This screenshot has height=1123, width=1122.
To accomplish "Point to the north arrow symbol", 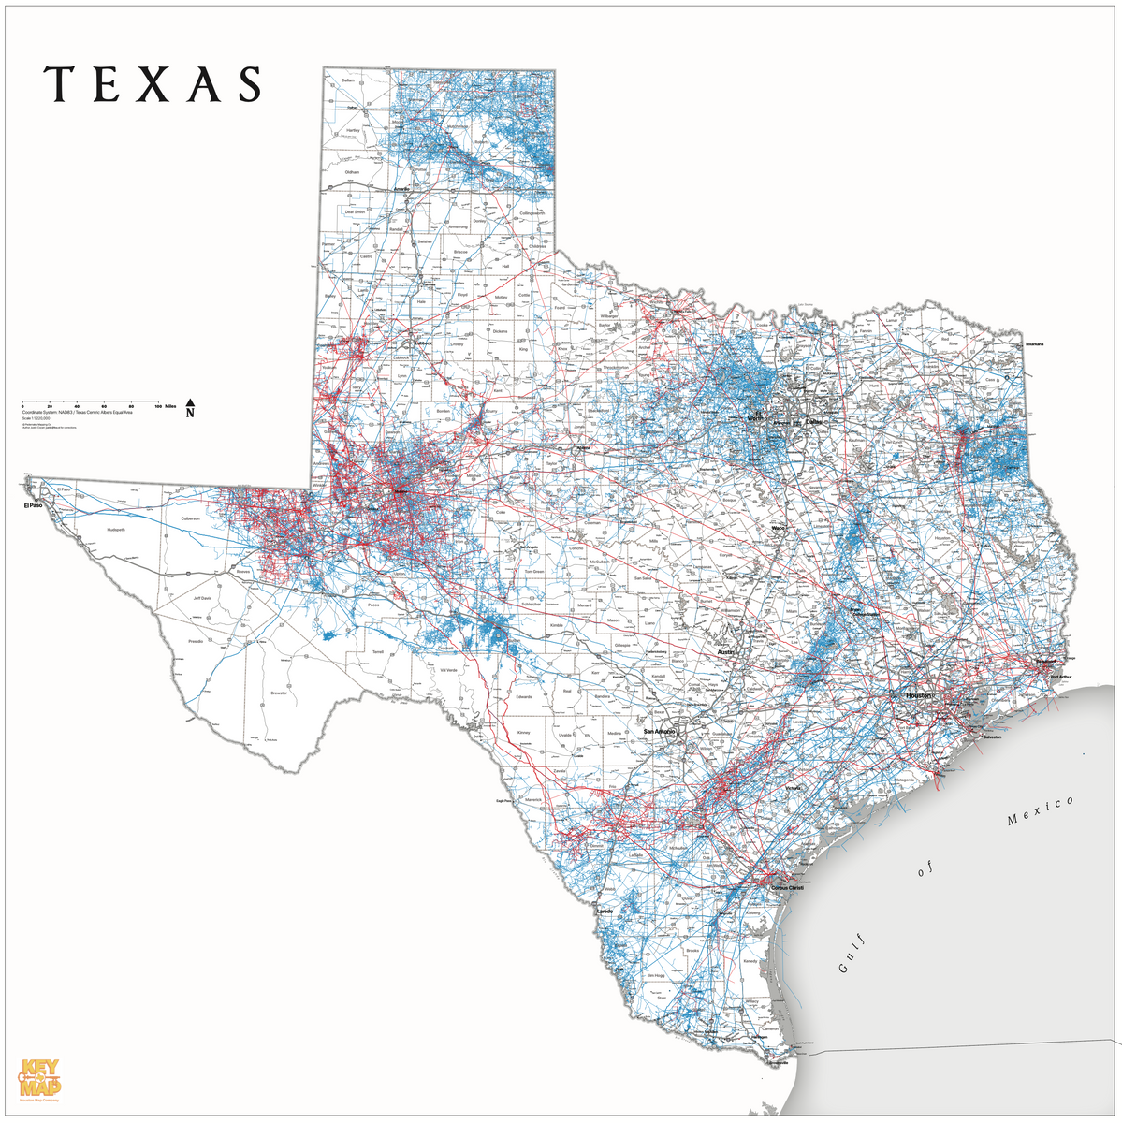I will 190,405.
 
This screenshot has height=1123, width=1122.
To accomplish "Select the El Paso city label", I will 34,505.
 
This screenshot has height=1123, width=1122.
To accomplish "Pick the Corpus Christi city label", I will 786,887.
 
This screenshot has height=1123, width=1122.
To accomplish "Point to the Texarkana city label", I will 1033,344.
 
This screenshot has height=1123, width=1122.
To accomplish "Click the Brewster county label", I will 279,693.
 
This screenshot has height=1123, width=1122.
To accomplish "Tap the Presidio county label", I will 196,641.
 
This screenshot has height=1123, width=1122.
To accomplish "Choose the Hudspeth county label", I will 116,529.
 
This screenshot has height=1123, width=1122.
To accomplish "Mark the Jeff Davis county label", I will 202,598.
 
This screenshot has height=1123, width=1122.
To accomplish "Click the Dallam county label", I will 349,81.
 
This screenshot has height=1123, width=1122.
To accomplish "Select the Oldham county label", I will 352,172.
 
